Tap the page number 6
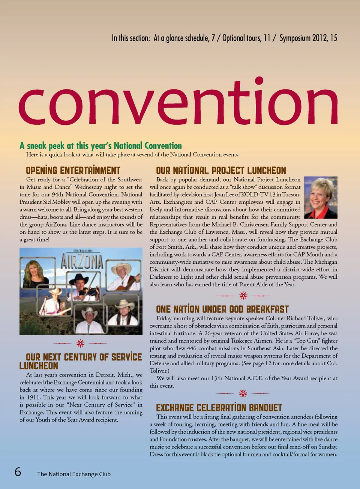click(x=18, y=471)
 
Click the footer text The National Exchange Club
click(x=74, y=474)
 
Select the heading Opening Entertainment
click(x=73, y=170)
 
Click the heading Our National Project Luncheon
click(x=221, y=170)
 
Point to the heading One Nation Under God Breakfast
click(x=222, y=309)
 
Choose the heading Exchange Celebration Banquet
click(x=219, y=408)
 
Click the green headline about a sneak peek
click(x=100, y=146)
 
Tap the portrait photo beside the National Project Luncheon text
click(x=321, y=197)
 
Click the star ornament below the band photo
click(x=80, y=343)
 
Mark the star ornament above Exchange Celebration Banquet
click(x=243, y=393)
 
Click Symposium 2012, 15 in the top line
click(x=308, y=38)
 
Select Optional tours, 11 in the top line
click(x=246, y=38)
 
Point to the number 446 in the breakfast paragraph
click(x=192, y=348)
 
